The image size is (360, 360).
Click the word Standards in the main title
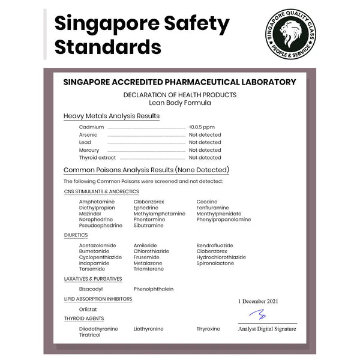click(x=108, y=47)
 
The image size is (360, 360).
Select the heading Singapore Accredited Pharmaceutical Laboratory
click(x=179, y=82)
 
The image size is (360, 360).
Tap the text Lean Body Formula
click(x=179, y=103)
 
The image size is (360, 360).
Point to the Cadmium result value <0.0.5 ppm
click(x=202, y=127)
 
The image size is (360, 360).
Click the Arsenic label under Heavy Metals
click(x=88, y=135)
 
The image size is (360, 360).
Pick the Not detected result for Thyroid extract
click(x=205, y=158)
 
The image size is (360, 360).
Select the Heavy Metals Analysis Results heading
click(x=112, y=116)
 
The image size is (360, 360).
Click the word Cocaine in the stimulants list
click(x=207, y=202)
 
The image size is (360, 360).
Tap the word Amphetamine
click(x=97, y=202)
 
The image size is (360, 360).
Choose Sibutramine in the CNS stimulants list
click(x=148, y=226)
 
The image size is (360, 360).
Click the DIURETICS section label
click(x=76, y=235)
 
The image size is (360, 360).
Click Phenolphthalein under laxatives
click(x=154, y=289)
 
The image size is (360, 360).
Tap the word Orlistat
click(x=88, y=309)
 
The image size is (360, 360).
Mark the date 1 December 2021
click(x=258, y=301)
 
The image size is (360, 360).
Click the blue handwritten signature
click(x=258, y=315)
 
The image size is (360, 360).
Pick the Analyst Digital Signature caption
click(x=267, y=329)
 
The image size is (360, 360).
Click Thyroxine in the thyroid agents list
click(x=208, y=329)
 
